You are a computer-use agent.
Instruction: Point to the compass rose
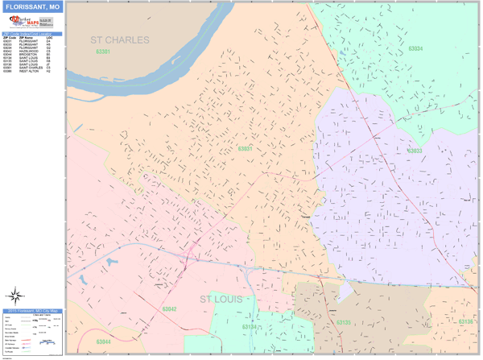(x=14, y=296)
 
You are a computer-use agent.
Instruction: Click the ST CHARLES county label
(x=120, y=39)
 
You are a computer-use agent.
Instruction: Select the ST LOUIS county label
(x=227, y=300)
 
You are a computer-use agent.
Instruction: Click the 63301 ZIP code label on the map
(x=103, y=52)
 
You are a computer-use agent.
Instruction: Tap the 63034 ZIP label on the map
(x=415, y=48)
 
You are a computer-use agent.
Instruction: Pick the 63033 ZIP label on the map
(x=415, y=151)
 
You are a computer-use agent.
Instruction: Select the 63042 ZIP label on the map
(x=169, y=308)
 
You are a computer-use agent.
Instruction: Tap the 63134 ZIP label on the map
(x=250, y=327)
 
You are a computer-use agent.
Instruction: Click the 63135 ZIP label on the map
(x=344, y=322)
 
